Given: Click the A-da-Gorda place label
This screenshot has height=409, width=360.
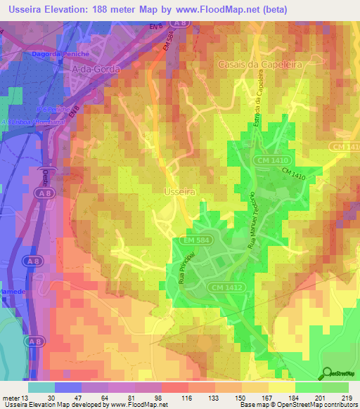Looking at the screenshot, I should pos(96,70).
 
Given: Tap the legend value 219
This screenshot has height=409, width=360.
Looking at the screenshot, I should pos(347,397).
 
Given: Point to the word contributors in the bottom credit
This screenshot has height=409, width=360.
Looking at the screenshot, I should pos(337,405).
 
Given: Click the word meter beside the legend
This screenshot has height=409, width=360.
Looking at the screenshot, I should pos(12,397).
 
